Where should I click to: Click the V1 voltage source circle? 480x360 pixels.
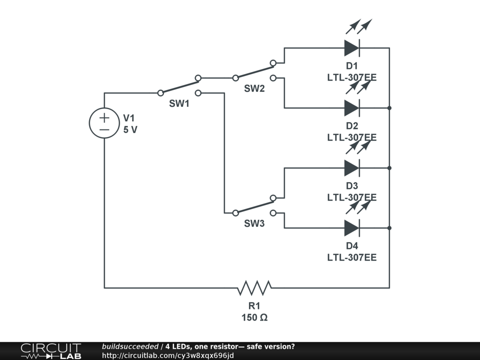[104, 123]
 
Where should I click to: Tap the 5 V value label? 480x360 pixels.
[130, 130]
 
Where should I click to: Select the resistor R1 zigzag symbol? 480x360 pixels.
[255, 287]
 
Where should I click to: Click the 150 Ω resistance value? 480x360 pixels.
[255, 317]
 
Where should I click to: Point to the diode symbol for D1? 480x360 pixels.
[352, 48]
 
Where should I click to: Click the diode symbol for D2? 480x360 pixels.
[352, 108]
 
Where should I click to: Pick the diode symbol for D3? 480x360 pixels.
[352, 168]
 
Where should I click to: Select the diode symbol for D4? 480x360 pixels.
[352, 228]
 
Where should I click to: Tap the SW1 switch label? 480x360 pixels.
[179, 104]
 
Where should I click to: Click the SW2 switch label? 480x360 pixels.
[254, 89]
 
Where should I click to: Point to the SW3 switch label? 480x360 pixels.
[254, 224]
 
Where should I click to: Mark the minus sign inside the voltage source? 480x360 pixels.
[104, 129]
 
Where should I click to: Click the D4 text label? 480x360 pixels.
[352, 246]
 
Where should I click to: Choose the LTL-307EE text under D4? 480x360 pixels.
[352, 257]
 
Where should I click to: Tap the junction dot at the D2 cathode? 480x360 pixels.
[390, 108]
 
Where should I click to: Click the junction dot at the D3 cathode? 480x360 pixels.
[390, 168]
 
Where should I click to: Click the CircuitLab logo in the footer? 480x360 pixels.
[51, 351]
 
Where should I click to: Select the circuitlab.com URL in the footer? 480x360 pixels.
[167, 355]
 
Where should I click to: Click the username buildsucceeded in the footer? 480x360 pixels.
[130, 346]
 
